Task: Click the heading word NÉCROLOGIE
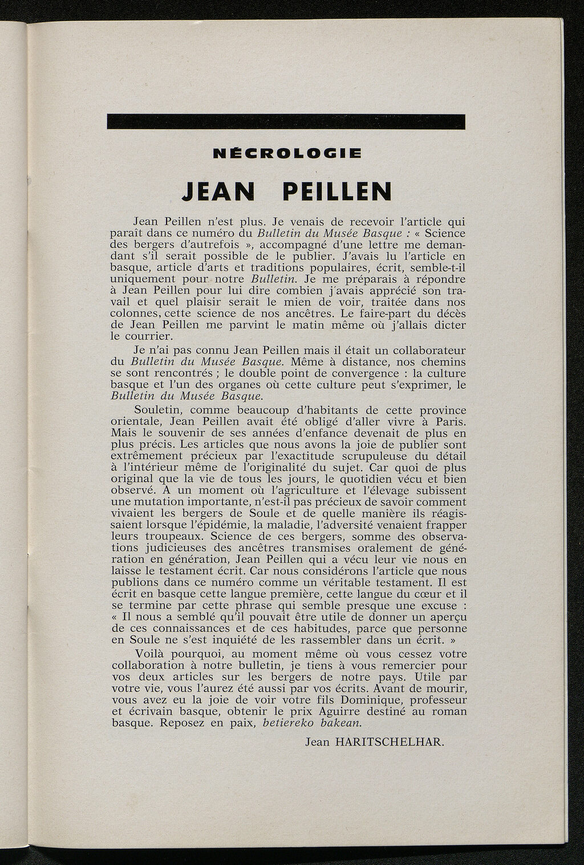286,153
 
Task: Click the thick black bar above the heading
286,122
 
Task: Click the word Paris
450,422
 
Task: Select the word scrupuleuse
366,456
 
